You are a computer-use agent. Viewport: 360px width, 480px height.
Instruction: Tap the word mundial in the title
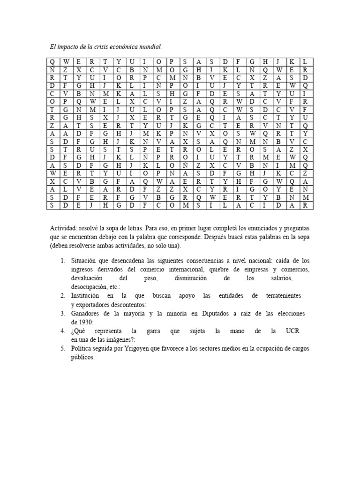(x=149, y=47)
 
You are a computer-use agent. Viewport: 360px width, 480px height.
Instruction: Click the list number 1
(x=62, y=260)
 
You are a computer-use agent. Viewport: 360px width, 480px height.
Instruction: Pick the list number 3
(x=62, y=313)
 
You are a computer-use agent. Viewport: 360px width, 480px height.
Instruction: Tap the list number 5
(x=62, y=349)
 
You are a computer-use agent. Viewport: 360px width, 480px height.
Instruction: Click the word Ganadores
(x=87, y=313)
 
